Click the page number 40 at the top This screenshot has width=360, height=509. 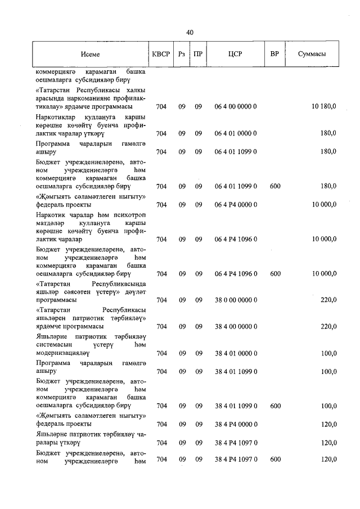(x=190, y=33)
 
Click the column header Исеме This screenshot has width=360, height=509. (x=89, y=55)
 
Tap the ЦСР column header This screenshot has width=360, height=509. (x=235, y=55)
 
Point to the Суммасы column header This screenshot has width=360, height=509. (x=311, y=55)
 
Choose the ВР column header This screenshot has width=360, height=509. (x=274, y=55)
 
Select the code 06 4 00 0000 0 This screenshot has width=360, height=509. (x=235, y=106)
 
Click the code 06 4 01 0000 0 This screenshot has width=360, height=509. (x=235, y=133)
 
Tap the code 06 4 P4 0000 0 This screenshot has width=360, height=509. (x=235, y=205)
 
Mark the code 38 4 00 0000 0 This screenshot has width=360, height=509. (x=235, y=326)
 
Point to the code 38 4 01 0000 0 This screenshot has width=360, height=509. (x=235, y=353)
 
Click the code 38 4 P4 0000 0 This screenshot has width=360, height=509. (x=235, y=424)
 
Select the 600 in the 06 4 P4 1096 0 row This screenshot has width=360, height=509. (x=275, y=274)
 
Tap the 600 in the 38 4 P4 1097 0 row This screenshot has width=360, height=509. (x=275, y=460)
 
